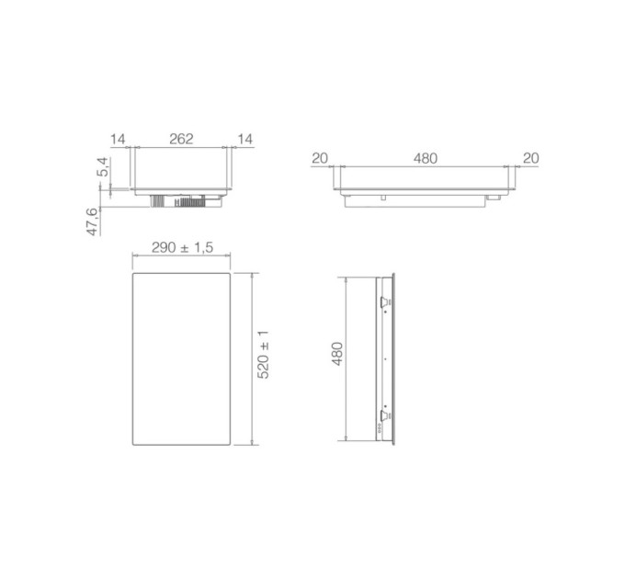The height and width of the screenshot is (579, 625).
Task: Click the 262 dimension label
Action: (x=181, y=139)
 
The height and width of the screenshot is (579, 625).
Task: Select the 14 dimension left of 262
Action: (x=118, y=139)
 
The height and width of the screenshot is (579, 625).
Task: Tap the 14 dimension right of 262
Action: (x=244, y=139)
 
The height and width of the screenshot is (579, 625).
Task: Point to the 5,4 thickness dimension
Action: (x=103, y=167)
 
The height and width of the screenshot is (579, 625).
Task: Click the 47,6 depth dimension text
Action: (x=93, y=222)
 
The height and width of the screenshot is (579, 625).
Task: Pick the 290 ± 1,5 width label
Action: (x=180, y=249)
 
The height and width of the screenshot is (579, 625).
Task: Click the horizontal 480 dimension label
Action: (x=425, y=158)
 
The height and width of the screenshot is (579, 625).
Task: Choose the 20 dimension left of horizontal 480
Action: (x=319, y=158)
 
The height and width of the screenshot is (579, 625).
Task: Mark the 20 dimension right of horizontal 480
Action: (x=530, y=158)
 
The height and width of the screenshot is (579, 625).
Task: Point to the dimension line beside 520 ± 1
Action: (x=252, y=358)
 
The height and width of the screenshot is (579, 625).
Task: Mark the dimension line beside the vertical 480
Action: (x=346, y=358)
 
